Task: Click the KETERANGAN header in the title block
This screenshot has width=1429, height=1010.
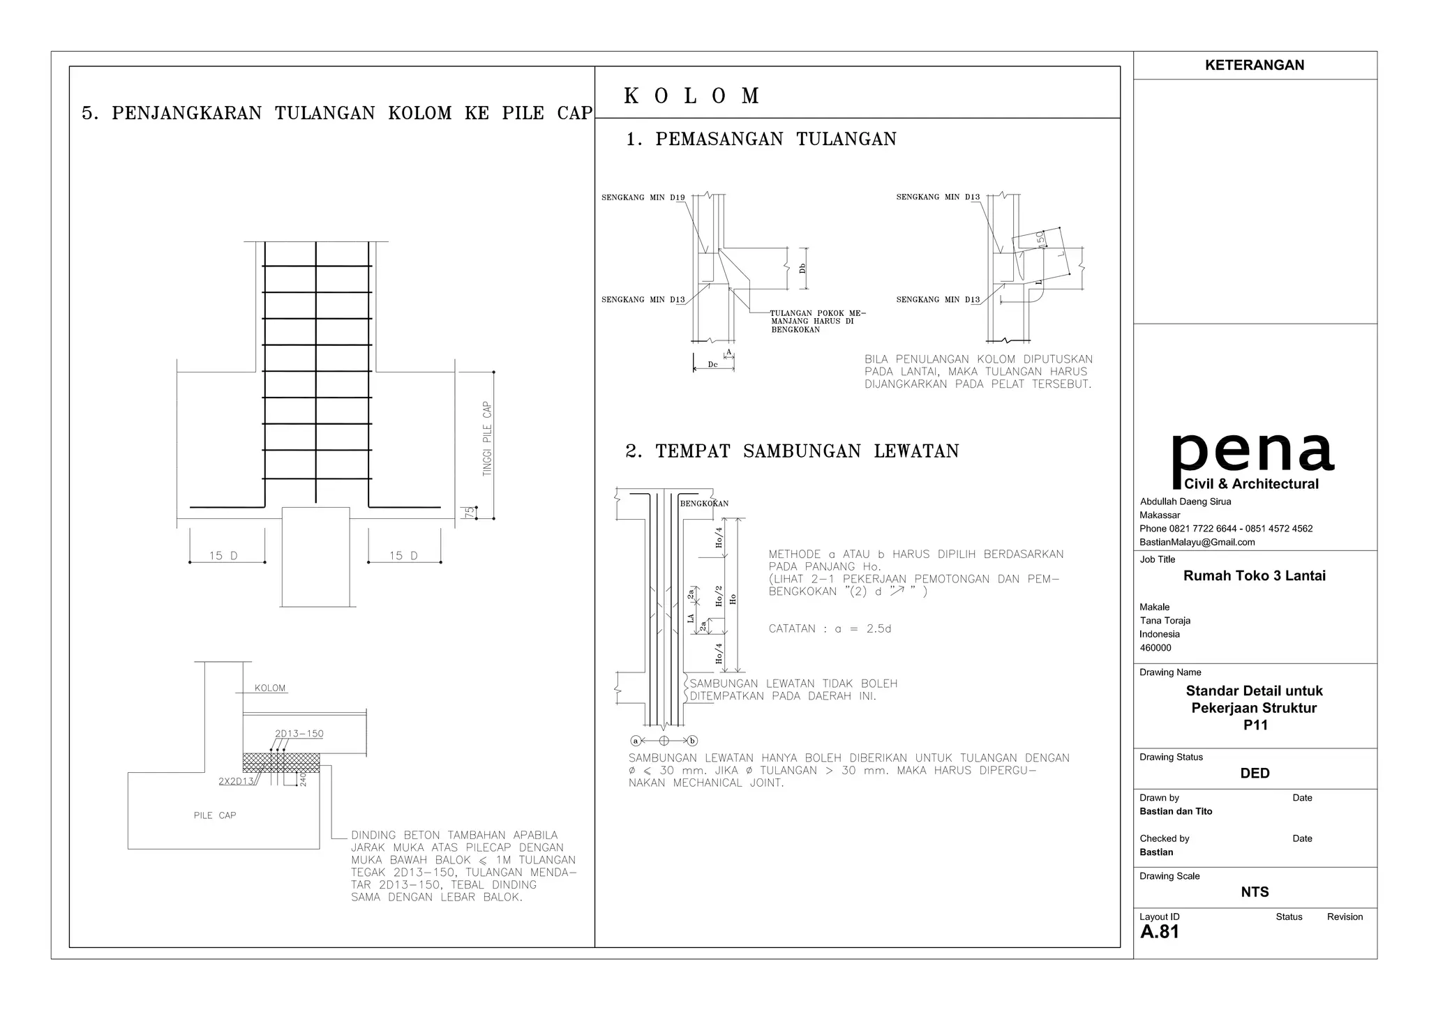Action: (1254, 65)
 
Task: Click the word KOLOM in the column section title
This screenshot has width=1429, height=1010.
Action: (691, 96)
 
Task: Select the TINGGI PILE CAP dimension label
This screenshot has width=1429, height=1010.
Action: (487, 439)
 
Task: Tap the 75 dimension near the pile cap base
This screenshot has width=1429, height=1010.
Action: (470, 512)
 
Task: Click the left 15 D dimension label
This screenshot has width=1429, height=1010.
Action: (223, 556)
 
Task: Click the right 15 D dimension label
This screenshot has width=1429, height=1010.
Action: (403, 556)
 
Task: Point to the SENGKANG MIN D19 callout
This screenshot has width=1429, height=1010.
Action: (643, 197)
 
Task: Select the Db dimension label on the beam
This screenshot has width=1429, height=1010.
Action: (803, 268)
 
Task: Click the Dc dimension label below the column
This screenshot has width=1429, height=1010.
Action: (712, 365)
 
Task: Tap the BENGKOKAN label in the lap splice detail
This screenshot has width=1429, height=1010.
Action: (704, 503)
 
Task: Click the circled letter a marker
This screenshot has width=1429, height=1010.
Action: (635, 741)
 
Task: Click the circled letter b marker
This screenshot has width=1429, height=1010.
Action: (692, 741)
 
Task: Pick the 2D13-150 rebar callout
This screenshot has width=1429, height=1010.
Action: (299, 734)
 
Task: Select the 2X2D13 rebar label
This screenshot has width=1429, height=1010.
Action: (237, 781)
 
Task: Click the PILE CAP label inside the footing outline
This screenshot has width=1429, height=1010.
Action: (215, 815)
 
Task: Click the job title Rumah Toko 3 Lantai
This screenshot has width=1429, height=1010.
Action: (1254, 576)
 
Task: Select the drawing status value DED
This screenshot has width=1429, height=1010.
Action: (1255, 773)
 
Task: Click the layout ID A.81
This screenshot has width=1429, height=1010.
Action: (1159, 932)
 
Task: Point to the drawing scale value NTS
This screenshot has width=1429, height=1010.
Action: (1255, 892)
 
